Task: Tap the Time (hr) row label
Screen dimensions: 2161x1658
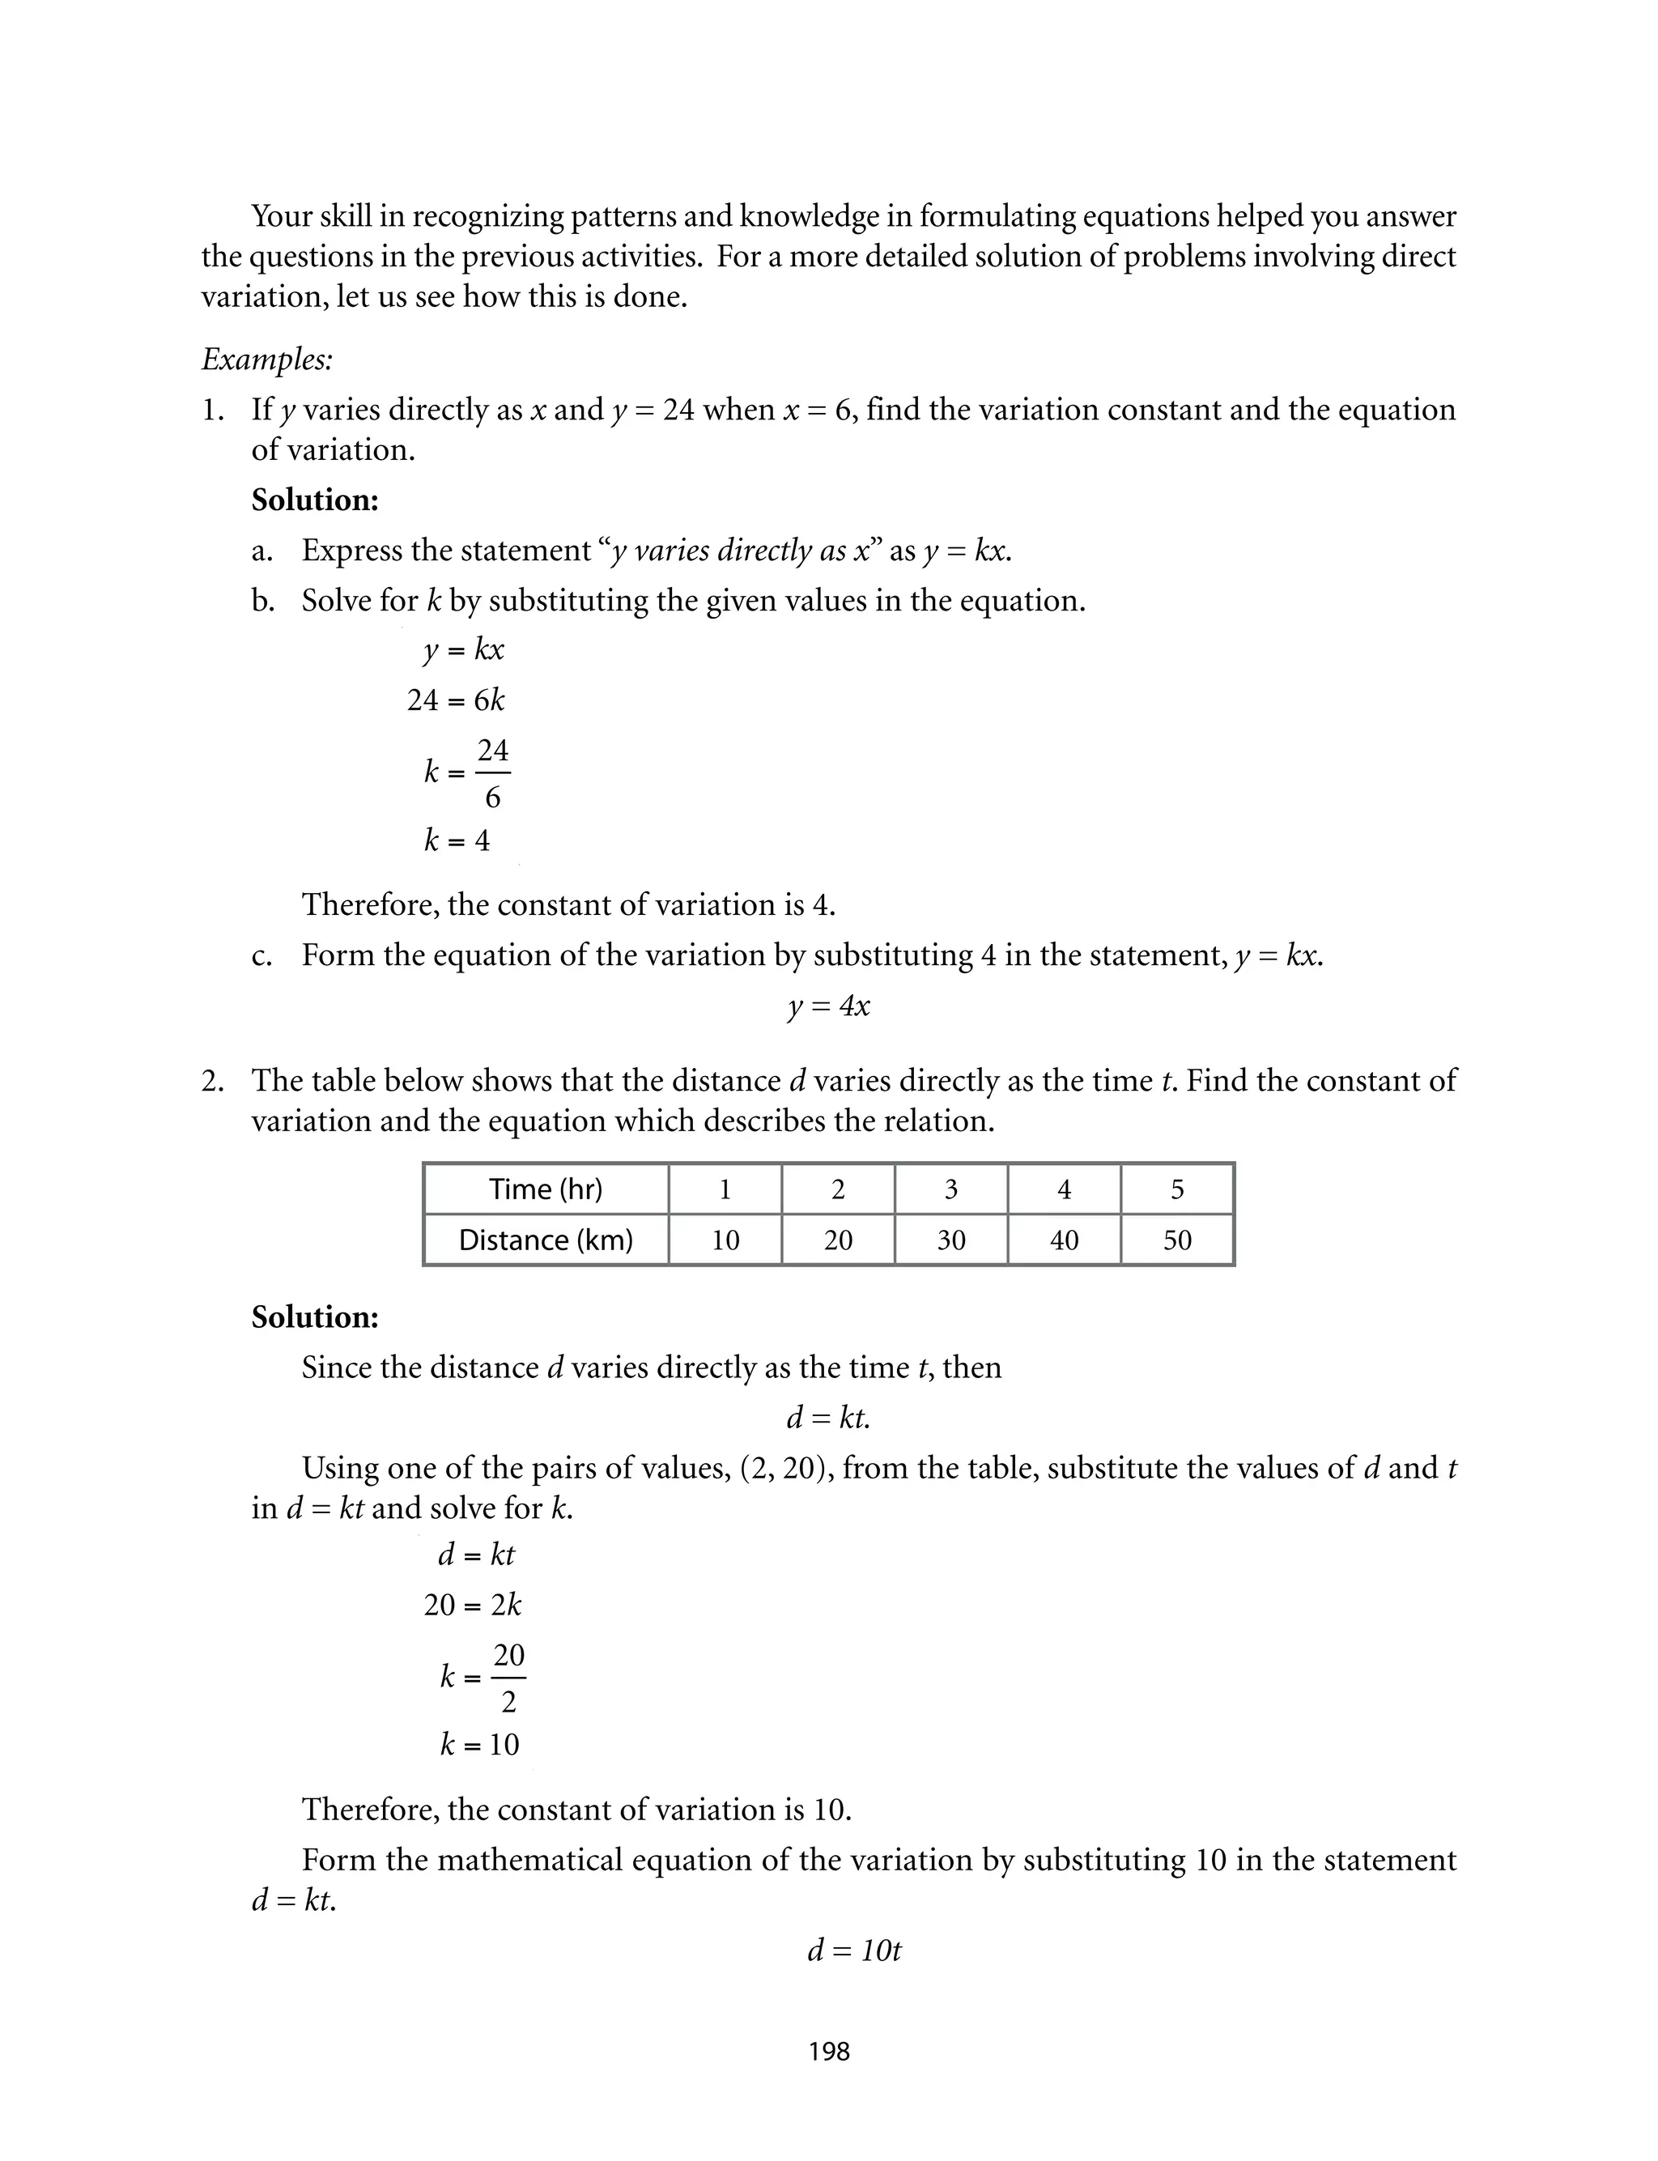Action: click(x=545, y=1189)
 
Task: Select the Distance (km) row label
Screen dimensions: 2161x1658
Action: click(x=545, y=1240)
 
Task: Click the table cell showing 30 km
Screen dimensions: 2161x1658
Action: click(x=950, y=1240)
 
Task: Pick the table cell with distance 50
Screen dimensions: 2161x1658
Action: click(x=1176, y=1240)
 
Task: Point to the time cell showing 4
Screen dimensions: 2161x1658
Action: click(x=1064, y=1189)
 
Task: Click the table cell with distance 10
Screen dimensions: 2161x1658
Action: click(x=725, y=1240)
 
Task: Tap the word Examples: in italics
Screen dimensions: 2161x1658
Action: click(x=266, y=359)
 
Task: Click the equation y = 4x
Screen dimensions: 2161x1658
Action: click(x=828, y=1006)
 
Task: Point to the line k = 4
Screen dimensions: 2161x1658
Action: click(x=456, y=840)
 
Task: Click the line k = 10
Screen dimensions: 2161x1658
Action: click(x=478, y=1745)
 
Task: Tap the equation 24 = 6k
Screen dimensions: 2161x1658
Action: click(x=455, y=700)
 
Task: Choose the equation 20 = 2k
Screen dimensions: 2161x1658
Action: click(x=472, y=1606)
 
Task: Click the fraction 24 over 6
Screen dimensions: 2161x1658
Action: click(x=492, y=772)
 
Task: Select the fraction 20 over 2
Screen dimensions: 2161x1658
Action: click(x=508, y=1678)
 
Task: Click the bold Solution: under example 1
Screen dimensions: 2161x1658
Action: click(x=315, y=500)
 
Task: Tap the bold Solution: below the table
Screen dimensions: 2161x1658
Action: click(x=315, y=1317)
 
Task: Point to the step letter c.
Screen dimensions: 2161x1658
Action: click(x=261, y=956)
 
